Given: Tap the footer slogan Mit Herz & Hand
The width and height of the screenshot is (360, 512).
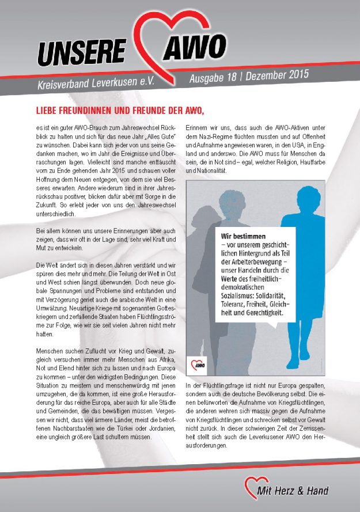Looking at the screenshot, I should [293, 491].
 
